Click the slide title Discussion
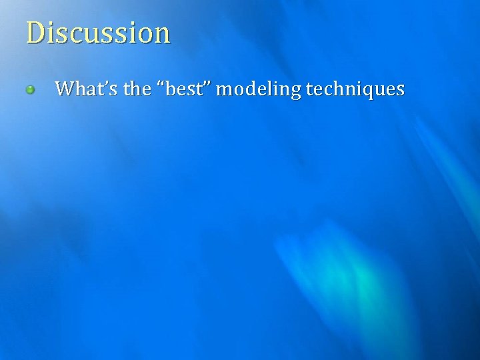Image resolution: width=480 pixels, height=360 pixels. click(x=98, y=33)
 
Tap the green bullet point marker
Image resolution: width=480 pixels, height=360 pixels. click(x=30, y=89)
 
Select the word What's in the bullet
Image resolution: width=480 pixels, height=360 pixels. click(x=78, y=88)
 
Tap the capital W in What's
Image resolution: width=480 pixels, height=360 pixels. click(x=64, y=88)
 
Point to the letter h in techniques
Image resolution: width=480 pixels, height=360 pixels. click(x=338, y=88)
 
